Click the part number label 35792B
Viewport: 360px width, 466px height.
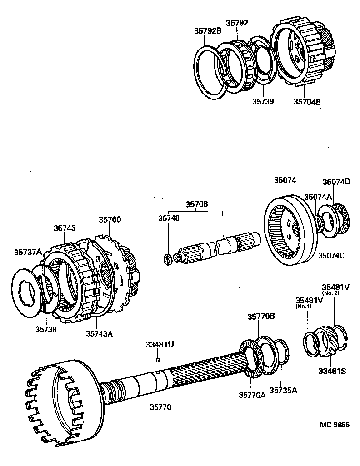208,31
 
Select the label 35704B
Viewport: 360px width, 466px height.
307,102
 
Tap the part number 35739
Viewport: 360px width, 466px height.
263,102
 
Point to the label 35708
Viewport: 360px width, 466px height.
196,204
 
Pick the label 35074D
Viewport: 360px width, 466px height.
337,182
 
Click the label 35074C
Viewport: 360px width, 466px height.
331,255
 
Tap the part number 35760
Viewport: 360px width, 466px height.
110,220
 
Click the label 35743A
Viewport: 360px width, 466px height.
99,334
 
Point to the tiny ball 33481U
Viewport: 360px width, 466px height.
157,360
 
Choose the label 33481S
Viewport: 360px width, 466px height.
331,371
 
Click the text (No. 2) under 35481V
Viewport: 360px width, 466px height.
331,293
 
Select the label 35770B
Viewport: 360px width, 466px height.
261,317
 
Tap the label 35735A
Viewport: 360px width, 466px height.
283,390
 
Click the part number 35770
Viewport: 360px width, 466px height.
161,407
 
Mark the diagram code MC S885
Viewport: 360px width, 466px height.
335,425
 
